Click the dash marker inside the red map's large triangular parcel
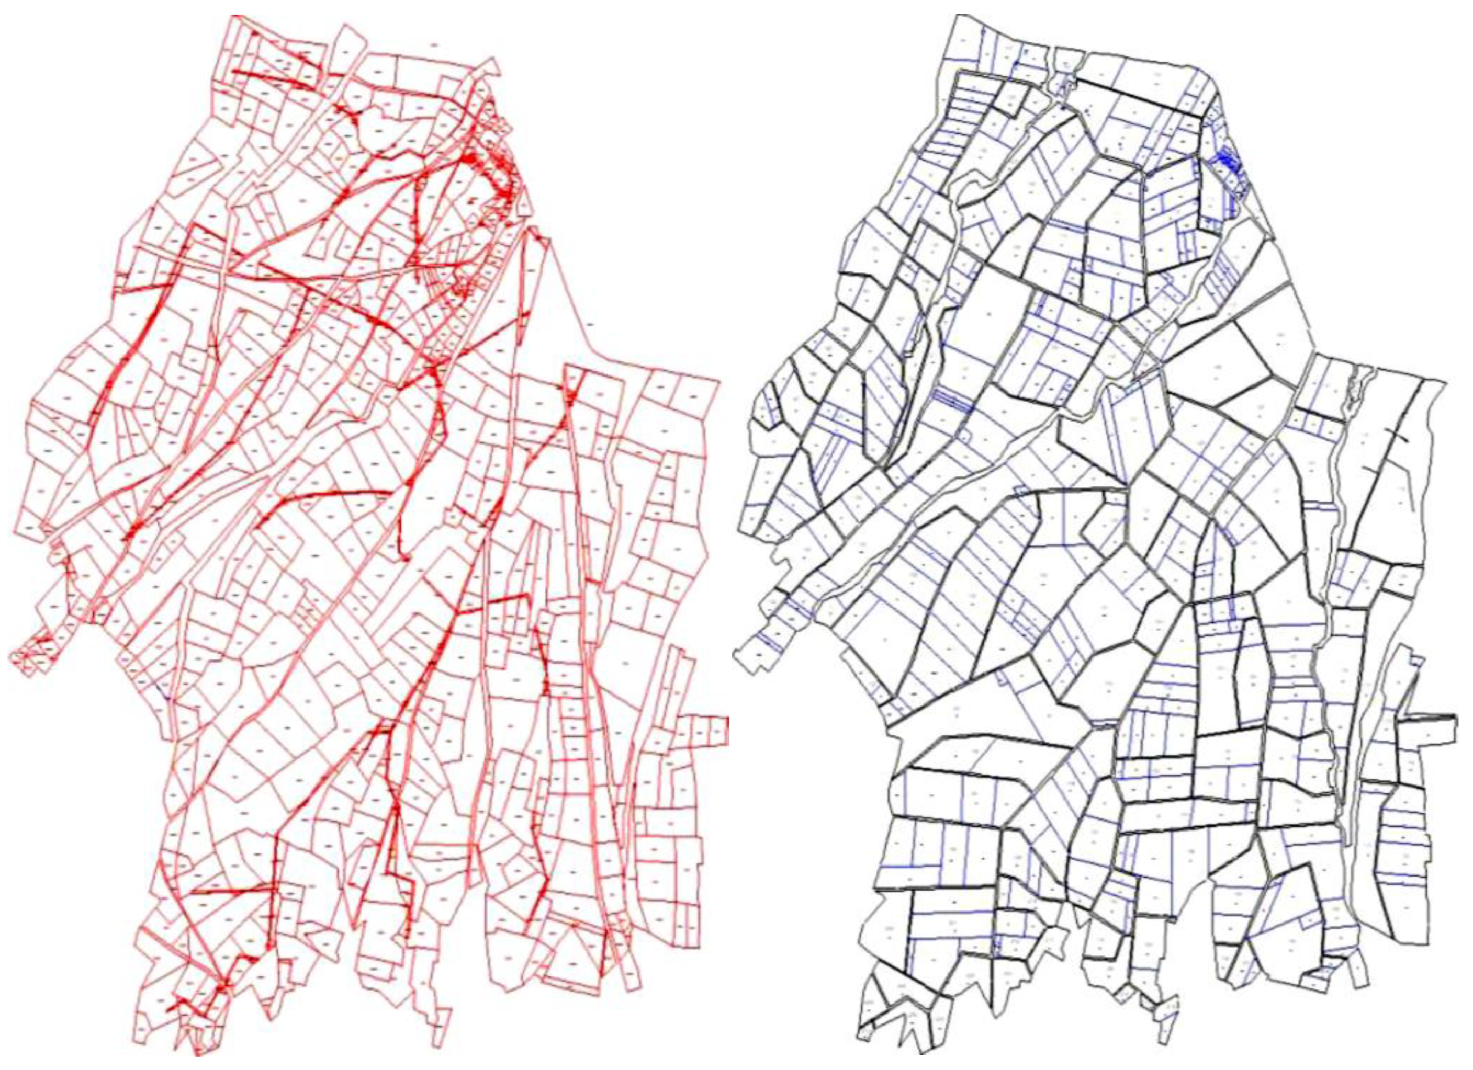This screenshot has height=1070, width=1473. point(589,323)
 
